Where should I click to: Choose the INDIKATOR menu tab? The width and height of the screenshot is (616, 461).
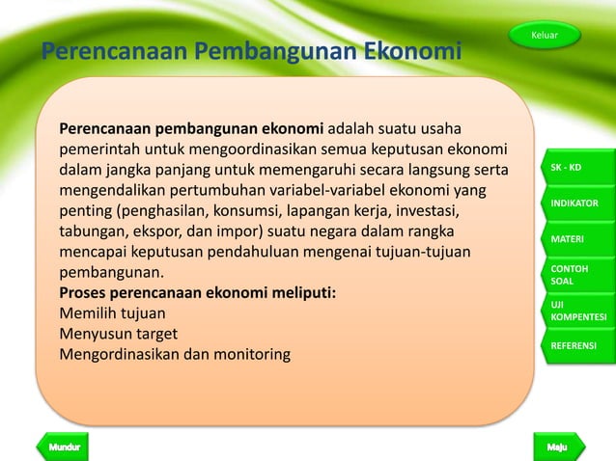575,203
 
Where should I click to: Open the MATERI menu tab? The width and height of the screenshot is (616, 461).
575,238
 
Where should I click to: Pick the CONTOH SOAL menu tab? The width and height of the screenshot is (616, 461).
575,274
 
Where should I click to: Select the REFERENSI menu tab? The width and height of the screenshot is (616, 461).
575,344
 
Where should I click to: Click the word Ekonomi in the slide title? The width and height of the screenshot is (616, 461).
412,50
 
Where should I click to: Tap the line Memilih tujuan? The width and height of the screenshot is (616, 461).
112,312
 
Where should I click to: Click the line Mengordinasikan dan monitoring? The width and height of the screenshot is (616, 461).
174,355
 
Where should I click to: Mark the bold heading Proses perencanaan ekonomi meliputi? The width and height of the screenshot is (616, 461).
198,291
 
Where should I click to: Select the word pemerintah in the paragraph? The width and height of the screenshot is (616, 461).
99,149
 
